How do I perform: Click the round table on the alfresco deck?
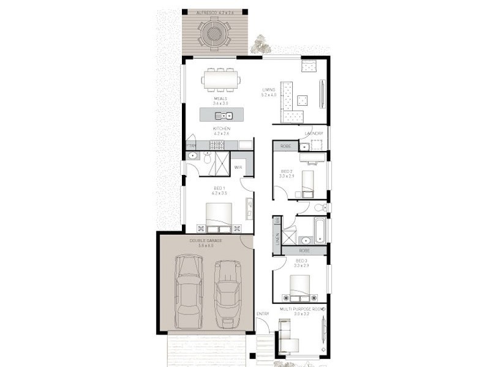pos(215,33)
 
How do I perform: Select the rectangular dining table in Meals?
pos(221,80)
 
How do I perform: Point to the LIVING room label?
pos(268,90)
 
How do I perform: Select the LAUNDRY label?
pos(313,133)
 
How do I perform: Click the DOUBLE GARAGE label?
pos(206,241)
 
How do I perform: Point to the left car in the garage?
pos(189,291)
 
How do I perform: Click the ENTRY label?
pos(262,314)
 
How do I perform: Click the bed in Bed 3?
pos(300,287)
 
